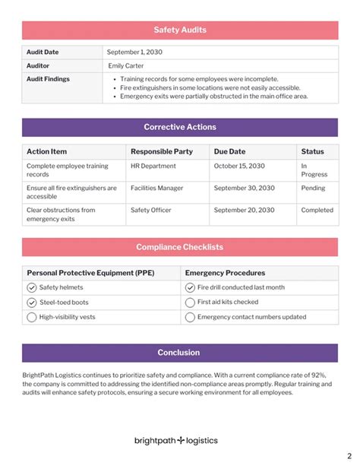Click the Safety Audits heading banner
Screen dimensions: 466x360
pyautogui.click(x=180, y=30)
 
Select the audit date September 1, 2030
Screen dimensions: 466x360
pyautogui.click(x=134, y=52)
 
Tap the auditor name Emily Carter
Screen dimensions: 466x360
pyautogui.click(x=127, y=65)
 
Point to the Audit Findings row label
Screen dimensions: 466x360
pyautogui.click(x=48, y=78)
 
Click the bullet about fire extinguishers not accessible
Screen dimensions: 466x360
pyautogui.click(x=210, y=87)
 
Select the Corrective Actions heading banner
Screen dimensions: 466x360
pyautogui.click(x=180, y=127)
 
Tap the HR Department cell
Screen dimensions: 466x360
pyautogui.click(x=153, y=166)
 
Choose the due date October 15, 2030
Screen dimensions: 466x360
pyautogui.click(x=238, y=166)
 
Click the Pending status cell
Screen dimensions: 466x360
pyautogui.click(x=313, y=188)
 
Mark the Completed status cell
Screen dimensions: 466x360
pyautogui.click(x=317, y=210)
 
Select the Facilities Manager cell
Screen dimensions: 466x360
pyautogui.click(x=156, y=188)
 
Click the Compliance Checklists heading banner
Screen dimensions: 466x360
pyautogui.click(x=180, y=247)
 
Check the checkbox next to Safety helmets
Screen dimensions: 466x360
pyautogui.click(x=32, y=287)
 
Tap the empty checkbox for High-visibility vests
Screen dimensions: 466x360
pyautogui.click(x=32, y=317)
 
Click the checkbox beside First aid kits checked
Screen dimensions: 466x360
pyautogui.click(x=190, y=302)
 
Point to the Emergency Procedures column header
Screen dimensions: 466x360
pyautogui.click(x=225, y=273)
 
